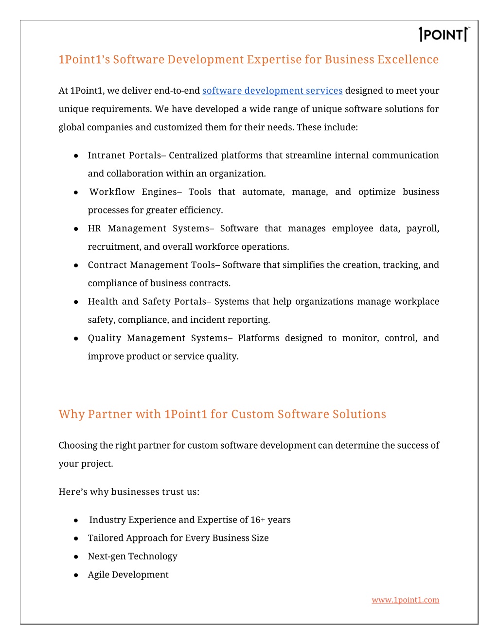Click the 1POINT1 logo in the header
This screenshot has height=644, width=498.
[444, 35]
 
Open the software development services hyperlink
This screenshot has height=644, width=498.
[272, 91]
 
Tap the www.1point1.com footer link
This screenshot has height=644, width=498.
[405, 600]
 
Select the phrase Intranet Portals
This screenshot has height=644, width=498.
[124, 156]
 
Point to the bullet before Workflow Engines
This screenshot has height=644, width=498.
[76, 192]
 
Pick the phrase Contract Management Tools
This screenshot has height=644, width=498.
[151, 265]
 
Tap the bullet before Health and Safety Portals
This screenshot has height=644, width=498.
[76, 302]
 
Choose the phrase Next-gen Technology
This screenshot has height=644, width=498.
[132, 557]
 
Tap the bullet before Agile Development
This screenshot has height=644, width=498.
[76, 575]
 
